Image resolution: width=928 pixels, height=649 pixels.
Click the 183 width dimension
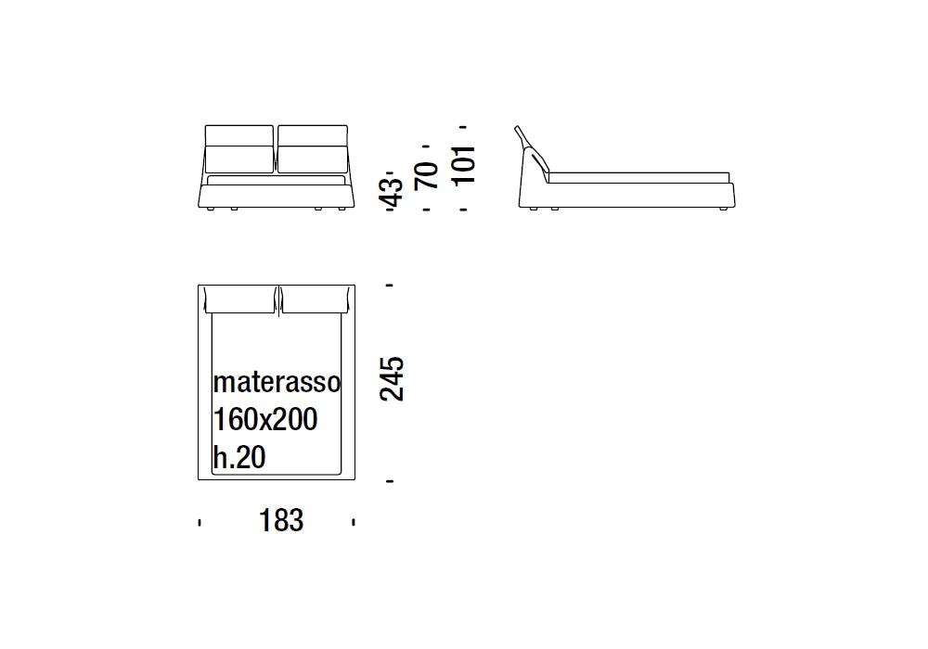point(281,521)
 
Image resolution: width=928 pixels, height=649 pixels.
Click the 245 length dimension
point(392,379)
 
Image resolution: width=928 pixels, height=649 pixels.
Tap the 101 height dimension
point(464,165)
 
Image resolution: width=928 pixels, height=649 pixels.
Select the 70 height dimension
point(427,175)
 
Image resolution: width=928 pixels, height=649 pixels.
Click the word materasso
point(277,382)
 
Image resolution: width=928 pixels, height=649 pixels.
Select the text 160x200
point(265,419)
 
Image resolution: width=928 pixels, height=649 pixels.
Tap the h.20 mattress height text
point(239,457)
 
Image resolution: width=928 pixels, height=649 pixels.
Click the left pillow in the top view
point(239,299)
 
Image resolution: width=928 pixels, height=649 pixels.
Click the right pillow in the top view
point(315,299)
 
